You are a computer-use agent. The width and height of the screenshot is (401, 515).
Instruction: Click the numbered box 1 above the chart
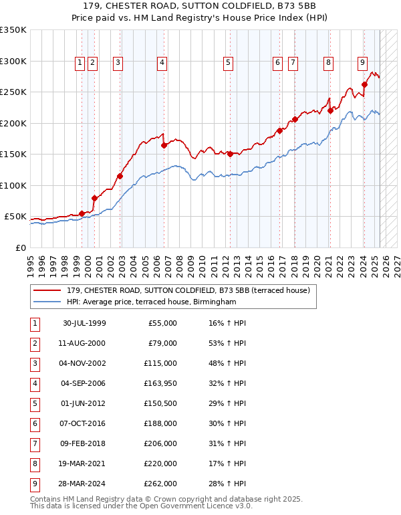pos(80,63)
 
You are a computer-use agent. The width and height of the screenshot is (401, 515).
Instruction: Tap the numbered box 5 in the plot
pos(229,63)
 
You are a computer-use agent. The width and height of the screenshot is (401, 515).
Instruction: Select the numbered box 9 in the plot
pos(362,63)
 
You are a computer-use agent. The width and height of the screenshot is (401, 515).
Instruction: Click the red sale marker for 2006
pos(164,145)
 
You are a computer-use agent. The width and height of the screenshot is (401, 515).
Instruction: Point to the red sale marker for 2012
pos(230,154)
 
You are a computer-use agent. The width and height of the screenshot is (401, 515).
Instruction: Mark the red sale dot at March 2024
pos(365,84)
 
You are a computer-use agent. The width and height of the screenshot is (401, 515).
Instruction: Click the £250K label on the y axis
pos(13,92)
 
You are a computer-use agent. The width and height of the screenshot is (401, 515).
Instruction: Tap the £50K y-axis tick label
pos(15,217)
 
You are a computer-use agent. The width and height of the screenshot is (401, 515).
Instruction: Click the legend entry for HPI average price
pos(151,302)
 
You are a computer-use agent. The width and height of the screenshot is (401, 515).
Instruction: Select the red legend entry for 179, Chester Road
pos(188,290)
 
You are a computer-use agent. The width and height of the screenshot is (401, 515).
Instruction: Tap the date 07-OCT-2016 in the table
pos(84,423)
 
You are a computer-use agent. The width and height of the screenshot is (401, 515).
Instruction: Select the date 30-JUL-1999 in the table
pos(84,323)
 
